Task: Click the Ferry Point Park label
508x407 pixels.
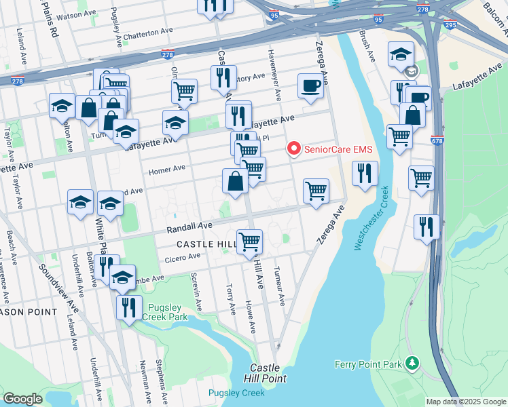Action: (369, 364)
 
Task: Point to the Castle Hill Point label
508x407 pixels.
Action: (268, 372)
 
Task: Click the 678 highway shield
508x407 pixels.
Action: (437, 140)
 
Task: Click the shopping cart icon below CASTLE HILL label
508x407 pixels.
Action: (250, 241)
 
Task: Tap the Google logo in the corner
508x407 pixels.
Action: (23, 399)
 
